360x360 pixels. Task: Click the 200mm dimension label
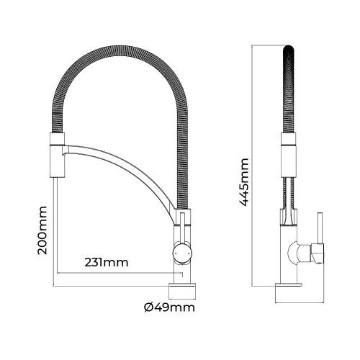point(42,230)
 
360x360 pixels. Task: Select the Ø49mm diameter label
point(170,309)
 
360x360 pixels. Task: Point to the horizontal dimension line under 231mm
point(115,274)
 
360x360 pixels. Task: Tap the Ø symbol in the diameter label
point(148,309)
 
